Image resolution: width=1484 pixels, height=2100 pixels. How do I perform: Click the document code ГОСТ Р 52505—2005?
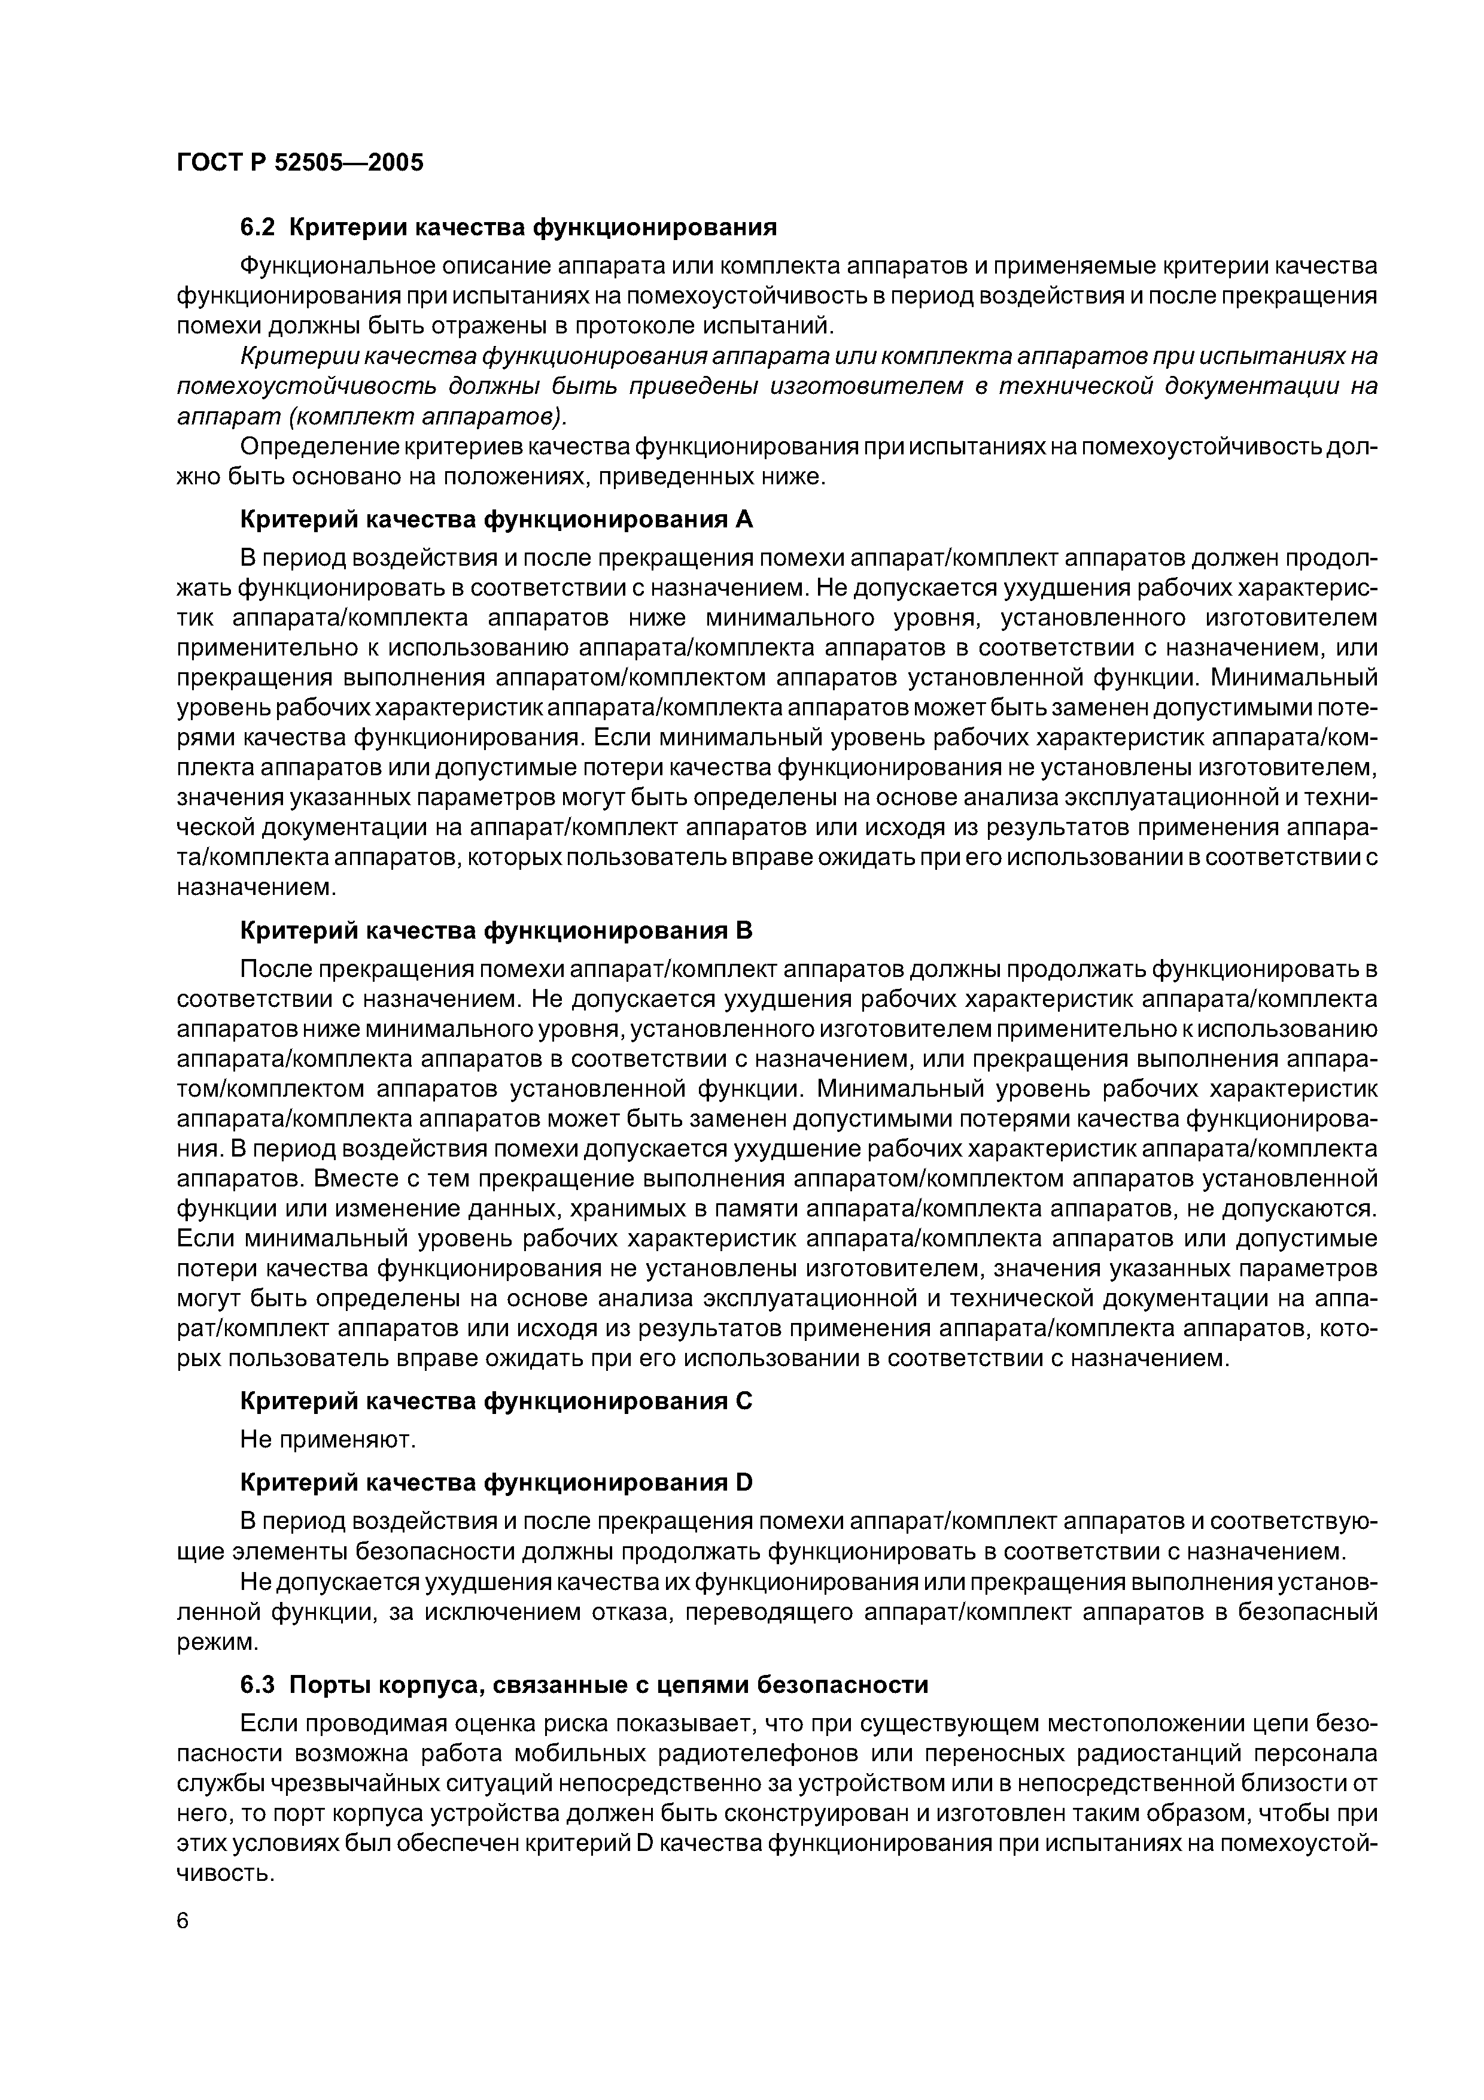pyautogui.click(x=300, y=163)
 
